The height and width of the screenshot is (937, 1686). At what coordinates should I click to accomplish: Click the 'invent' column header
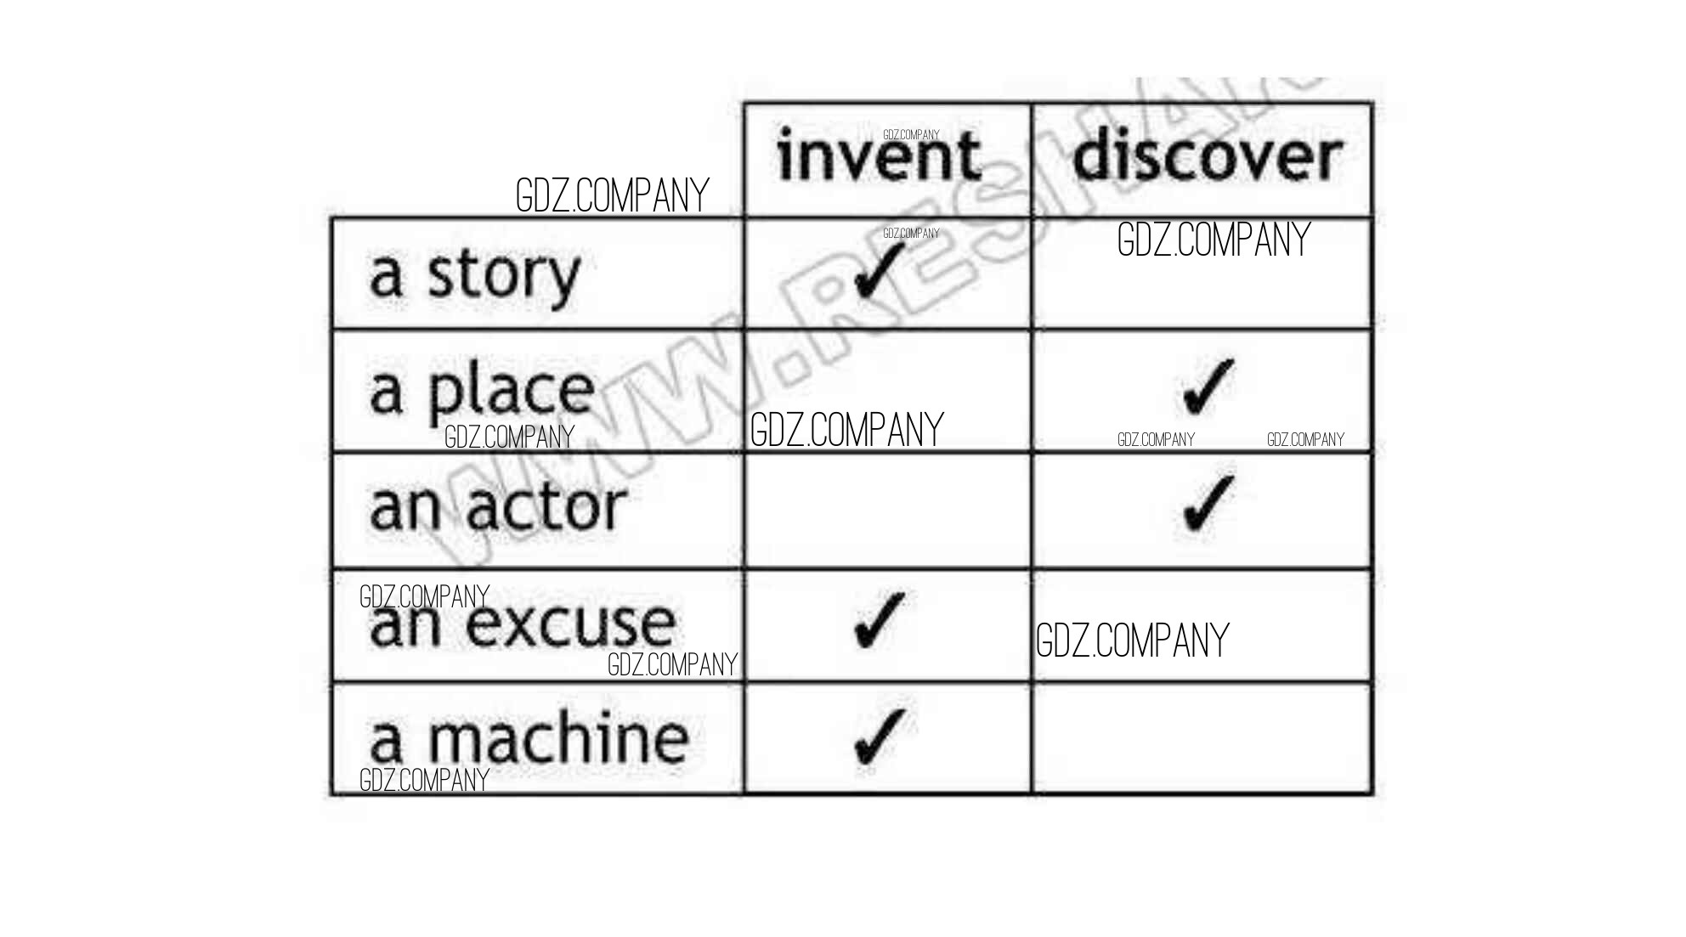click(x=879, y=157)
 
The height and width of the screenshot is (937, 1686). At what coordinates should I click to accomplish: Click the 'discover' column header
click(x=1206, y=157)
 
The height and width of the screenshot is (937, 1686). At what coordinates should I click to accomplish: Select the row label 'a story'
click(x=474, y=274)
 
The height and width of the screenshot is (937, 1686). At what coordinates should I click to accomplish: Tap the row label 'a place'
click(x=481, y=391)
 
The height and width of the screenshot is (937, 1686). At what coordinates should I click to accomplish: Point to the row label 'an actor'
click(x=497, y=508)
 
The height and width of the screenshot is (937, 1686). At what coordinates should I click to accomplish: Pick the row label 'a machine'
click(x=528, y=738)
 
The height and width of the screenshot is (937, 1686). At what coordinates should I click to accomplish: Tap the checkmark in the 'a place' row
click(x=1208, y=387)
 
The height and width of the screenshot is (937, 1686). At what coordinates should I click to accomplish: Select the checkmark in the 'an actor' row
click(x=1208, y=503)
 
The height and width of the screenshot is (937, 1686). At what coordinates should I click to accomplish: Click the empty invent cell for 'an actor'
click(x=887, y=511)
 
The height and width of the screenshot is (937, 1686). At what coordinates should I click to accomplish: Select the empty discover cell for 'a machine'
click(x=1202, y=738)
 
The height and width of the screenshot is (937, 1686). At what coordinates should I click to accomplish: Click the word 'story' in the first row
click(x=503, y=274)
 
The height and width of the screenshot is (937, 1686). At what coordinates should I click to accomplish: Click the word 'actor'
click(x=545, y=508)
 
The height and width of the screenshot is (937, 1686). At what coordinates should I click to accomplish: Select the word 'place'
click(x=510, y=391)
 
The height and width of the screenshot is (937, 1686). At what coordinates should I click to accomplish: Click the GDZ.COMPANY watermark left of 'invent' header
click(x=612, y=195)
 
